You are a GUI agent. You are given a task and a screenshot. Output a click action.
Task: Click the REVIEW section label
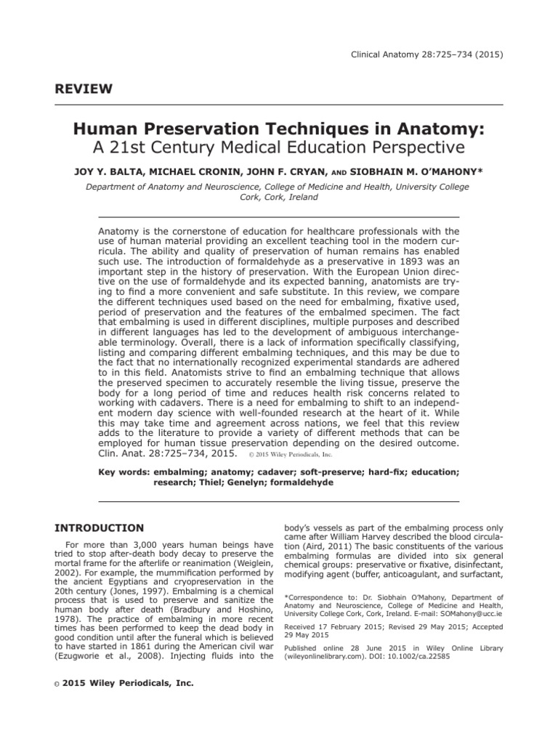[x=84, y=89]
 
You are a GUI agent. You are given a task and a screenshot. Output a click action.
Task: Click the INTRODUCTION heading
[x=100, y=527]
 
